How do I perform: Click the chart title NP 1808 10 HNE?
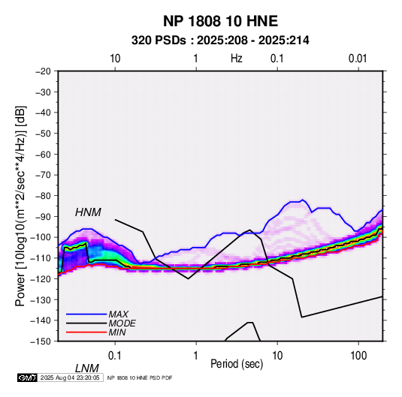(x=220, y=21)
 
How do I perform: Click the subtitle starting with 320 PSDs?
(x=220, y=41)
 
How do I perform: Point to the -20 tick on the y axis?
(x=43, y=71)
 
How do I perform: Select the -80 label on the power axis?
(x=43, y=196)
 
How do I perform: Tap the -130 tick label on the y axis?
(x=41, y=299)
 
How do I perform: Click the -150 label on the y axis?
(x=41, y=341)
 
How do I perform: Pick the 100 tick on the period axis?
(x=358, y=356)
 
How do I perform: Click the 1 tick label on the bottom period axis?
(x=196, y=356)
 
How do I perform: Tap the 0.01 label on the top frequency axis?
(x=358, y=59)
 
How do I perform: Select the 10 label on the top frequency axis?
(x=115, y=59)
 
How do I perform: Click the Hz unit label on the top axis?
(x=237, y=59)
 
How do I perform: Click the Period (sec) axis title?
(x=237, y=364)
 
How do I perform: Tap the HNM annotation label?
(x=88, y=212)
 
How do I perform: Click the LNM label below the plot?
(x=87, y=368)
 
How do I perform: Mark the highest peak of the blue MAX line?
(x=303, y=200)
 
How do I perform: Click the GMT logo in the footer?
(x=27, y=377)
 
